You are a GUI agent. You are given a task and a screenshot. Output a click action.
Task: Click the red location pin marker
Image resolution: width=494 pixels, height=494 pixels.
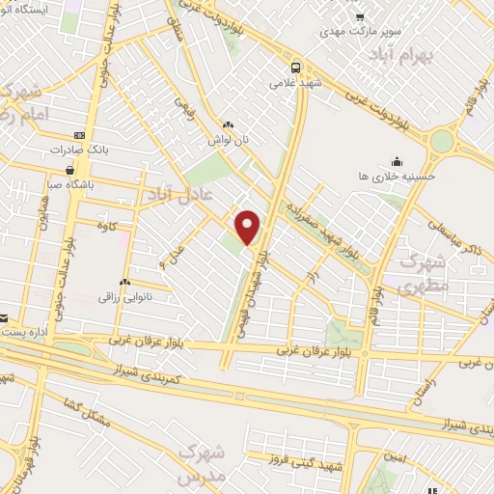(249, 227)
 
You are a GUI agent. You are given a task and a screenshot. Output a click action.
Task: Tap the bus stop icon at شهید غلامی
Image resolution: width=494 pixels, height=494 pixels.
(295, 67)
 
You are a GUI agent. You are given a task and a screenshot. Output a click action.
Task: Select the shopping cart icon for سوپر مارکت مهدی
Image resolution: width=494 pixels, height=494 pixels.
(359, 16)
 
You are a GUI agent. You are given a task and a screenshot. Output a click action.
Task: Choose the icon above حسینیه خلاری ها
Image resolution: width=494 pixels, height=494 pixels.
(397, 161)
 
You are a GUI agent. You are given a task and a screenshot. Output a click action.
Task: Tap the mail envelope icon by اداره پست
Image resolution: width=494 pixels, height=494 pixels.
(3, 317)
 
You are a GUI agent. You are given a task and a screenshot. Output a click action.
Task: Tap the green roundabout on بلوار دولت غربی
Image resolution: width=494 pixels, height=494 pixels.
(441, 141)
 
